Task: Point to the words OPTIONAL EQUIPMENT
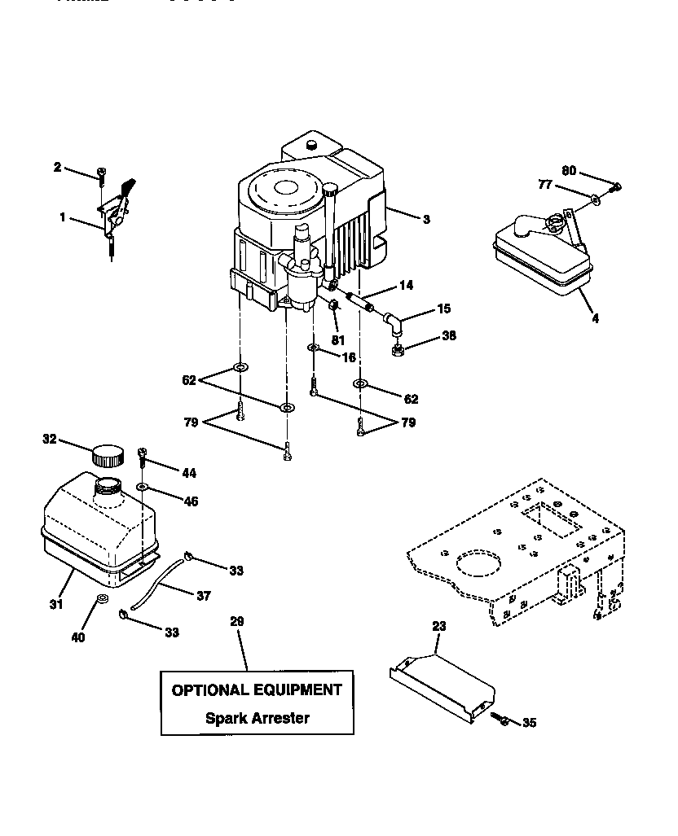pyautogui.click(x=257, y=690)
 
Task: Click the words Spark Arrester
pyautogui.click(x=257, y=718)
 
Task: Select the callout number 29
pyautogui.click(x=236, y=621)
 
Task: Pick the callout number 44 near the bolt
pyautogui.click(x=188, y=472)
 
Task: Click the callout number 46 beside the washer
pyautogui.click(x=190, y=501)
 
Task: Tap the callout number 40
pyautogui.click(x=77, y=637)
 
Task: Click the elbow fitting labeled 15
pyautogui.click(x=394, y=324)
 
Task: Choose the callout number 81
pyautogui.click(x=337, y=339)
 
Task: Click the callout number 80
pyautogui.click(x=568, y=171)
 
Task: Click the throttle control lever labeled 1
pyautogui.click(x=118, y=212)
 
